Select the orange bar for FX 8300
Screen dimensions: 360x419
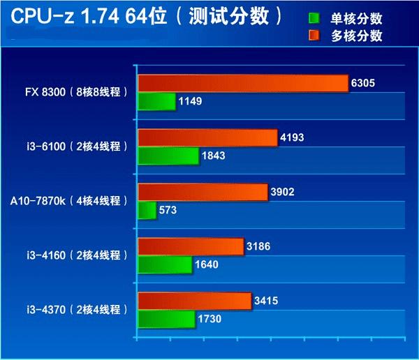click(x=243, y=83)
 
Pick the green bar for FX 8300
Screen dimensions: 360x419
click(x=156, y=102)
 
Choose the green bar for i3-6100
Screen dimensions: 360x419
click(x=168, y=156)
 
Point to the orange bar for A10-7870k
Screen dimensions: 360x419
click(x=203, y=192)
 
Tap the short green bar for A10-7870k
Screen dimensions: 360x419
click(x=147, y=210)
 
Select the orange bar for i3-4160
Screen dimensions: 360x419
click(x=191, y=246)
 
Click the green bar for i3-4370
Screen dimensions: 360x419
click(x=166, y=319)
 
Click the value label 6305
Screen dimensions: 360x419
click(x=364, y=83)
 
